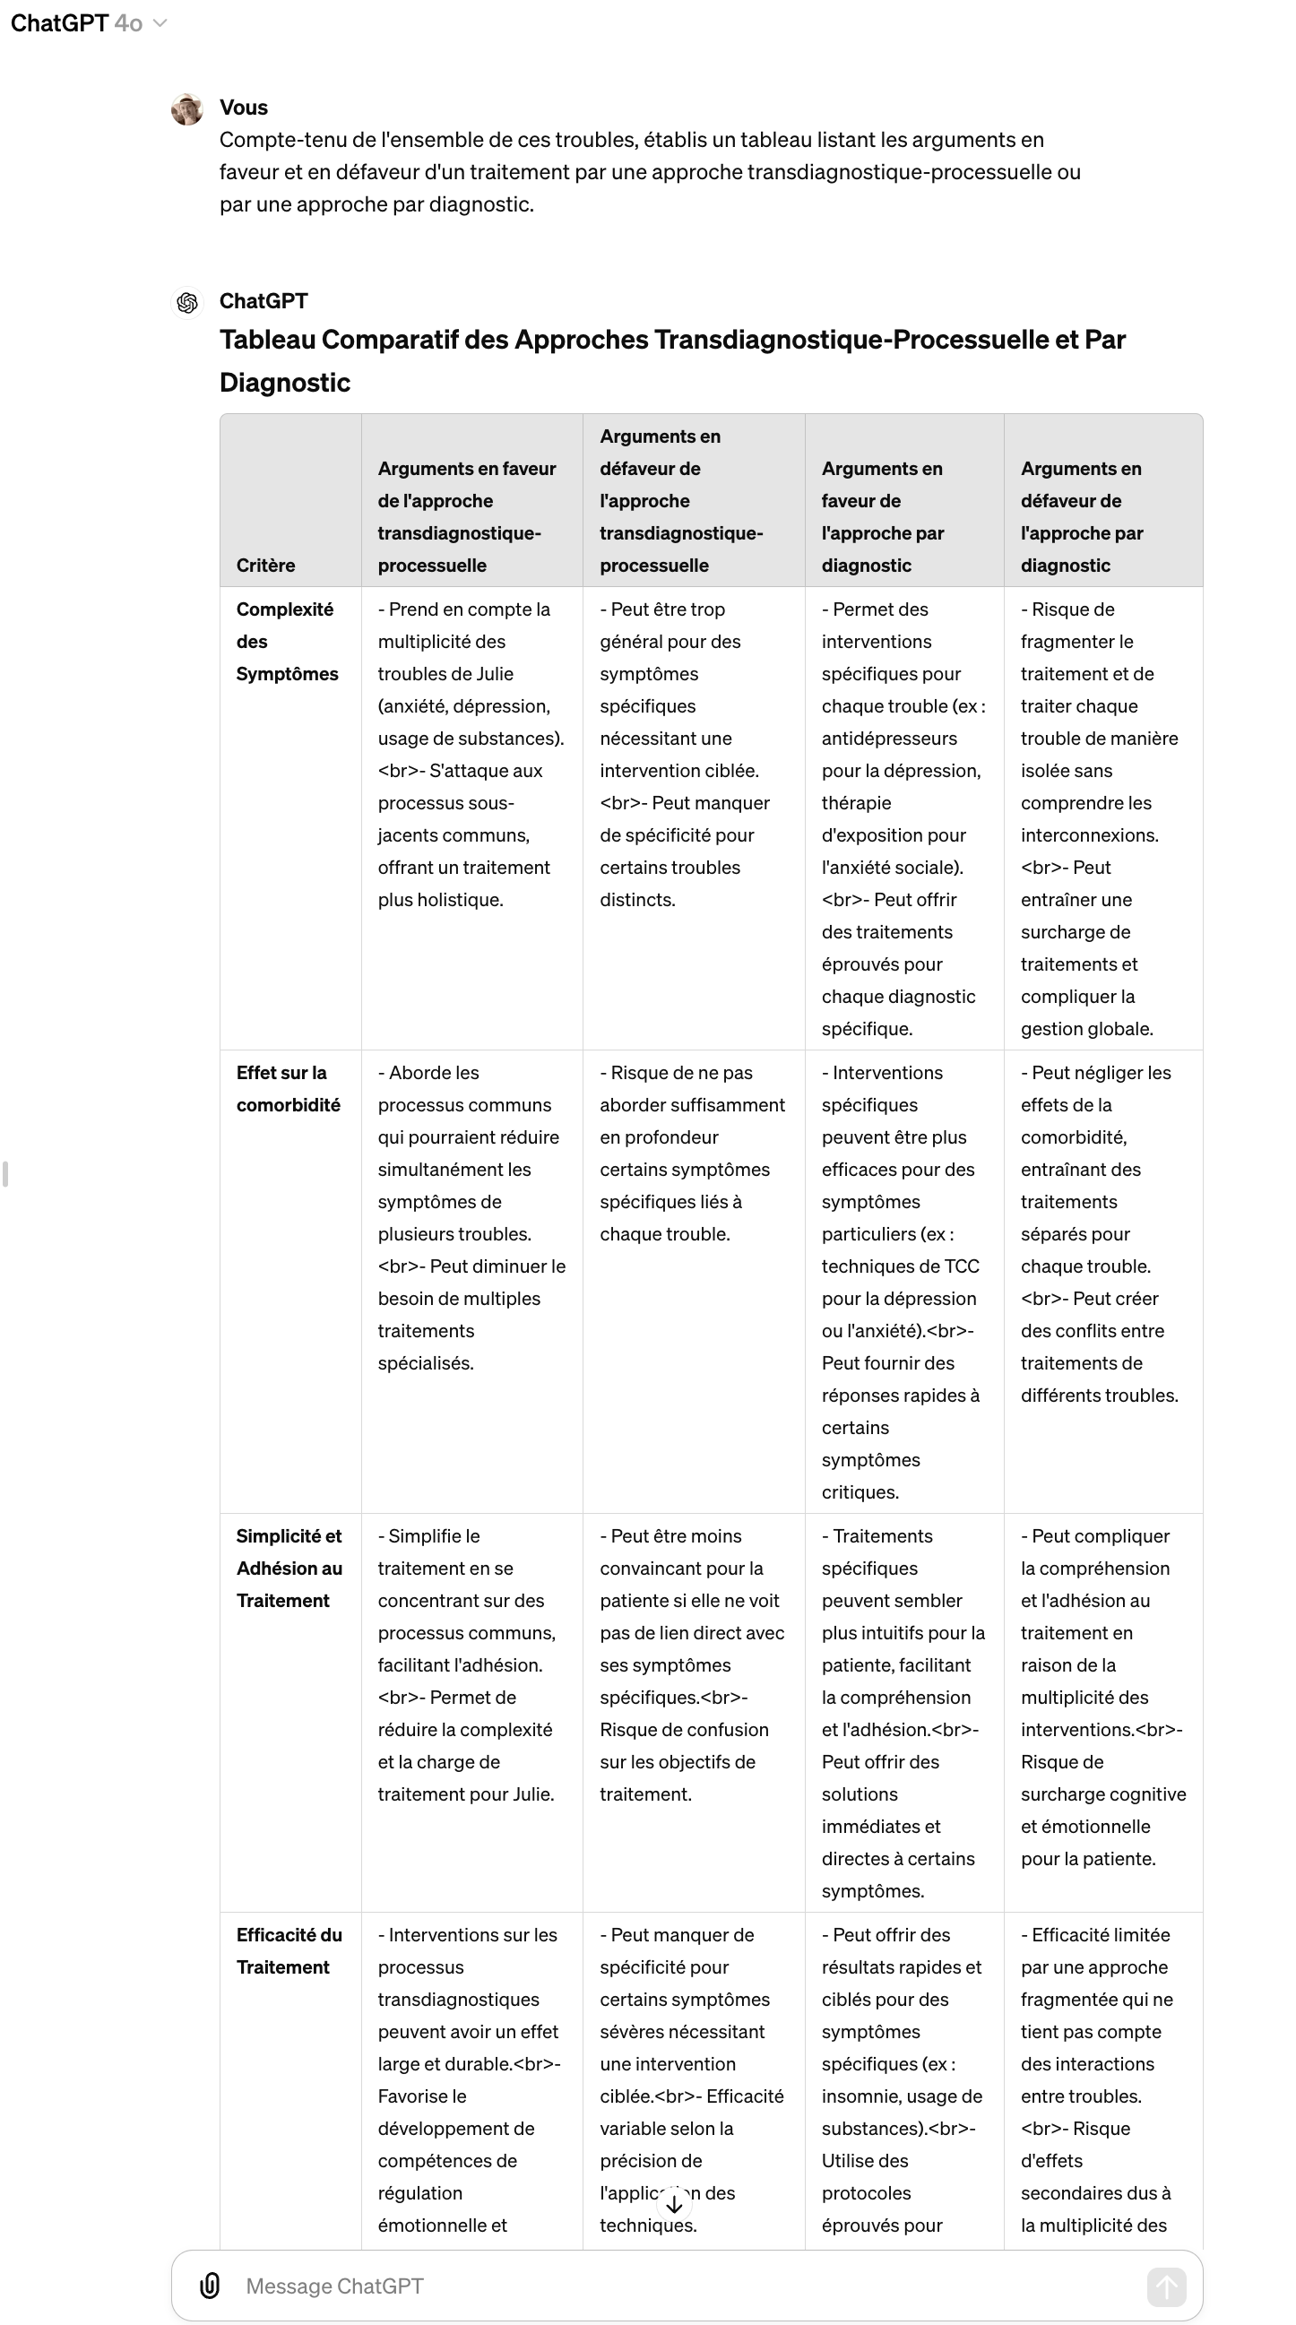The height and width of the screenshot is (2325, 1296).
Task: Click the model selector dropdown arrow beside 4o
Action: (160, 23)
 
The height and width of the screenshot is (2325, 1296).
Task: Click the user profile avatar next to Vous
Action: (186, 109)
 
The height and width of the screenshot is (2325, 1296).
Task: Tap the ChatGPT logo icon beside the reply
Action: (186, 302)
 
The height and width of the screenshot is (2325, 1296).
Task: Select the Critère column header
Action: (265, 565)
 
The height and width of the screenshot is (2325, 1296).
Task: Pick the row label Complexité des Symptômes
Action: (286, 641)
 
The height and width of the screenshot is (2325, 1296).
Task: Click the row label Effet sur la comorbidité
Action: (288, 1088)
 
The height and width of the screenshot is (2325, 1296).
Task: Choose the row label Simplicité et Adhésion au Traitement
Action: (289, 1568)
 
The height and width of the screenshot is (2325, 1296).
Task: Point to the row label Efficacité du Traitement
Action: (289, 1950)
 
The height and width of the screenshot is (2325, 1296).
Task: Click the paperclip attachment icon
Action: (210, 2286)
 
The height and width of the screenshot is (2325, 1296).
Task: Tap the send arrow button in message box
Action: (1166, 2286)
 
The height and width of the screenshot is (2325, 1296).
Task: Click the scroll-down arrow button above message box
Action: (674, 2203)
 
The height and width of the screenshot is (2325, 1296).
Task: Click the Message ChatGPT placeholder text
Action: (334, 2286)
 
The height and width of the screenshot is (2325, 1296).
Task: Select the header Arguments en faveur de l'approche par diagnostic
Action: (882, 516)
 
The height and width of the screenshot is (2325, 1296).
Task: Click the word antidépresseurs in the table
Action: (889, 739)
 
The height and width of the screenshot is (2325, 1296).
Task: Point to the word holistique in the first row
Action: (459, 900)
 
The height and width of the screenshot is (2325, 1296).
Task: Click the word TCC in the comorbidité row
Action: (960, 1266)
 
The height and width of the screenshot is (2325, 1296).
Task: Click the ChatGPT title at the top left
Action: (59, 23)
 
